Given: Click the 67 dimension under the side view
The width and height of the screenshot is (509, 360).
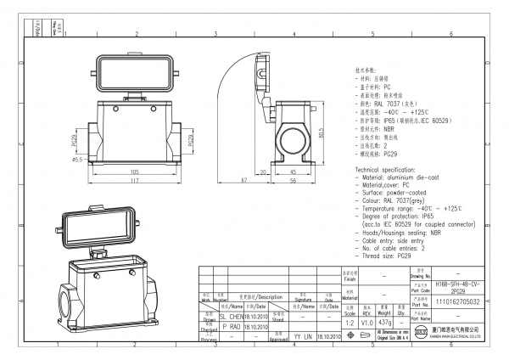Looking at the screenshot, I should point(243,181).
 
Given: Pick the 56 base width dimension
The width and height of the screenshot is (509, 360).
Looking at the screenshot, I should point(293,181).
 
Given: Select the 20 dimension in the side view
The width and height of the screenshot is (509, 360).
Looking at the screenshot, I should point(266,171).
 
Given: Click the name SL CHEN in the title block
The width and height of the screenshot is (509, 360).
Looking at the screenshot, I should point(228,314).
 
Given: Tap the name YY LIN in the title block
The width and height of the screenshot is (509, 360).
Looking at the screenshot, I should point(303,336).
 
